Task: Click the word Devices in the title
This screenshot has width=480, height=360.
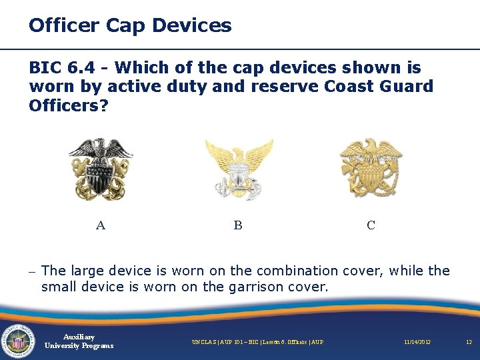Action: (192, 26)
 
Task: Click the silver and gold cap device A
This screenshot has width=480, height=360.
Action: (101, 169)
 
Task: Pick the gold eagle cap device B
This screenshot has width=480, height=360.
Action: (239, 169)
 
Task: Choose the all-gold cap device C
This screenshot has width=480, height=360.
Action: (371, 167)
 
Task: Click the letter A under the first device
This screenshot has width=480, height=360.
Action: (101, 225)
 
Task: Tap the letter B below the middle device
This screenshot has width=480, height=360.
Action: (238, 225)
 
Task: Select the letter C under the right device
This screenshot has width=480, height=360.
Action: (371, 225)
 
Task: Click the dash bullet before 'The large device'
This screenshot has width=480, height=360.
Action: (32, 271)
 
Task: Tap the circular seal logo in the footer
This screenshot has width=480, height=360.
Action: (17, 341)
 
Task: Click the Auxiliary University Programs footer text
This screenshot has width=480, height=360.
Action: (79, 341)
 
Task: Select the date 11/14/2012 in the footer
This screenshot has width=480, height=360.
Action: (417, 342)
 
